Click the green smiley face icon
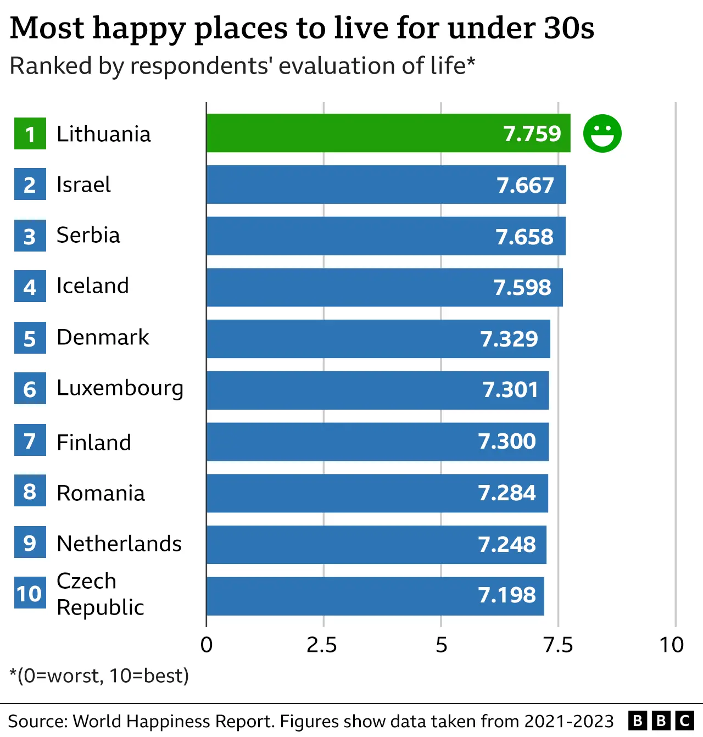602,133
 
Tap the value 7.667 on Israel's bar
525,185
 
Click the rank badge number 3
30,236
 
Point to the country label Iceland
92,286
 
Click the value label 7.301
510,390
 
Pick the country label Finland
94,442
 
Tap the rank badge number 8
30,492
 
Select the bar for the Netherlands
376,544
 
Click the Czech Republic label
100,594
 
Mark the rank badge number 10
30,594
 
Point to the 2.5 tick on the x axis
322,645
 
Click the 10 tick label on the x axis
671,645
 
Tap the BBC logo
661,721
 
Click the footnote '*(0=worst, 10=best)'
99,675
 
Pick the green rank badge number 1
30,134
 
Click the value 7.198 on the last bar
506,595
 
